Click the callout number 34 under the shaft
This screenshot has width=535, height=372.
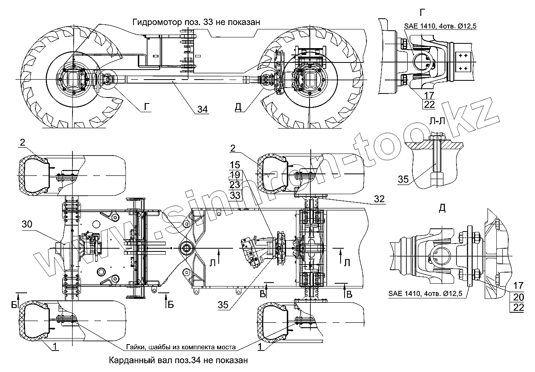point(203,109)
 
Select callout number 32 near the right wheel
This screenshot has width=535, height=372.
point(380,199)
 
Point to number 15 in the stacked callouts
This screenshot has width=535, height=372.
point(235,165)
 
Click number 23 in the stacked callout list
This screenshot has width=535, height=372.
point(235,185)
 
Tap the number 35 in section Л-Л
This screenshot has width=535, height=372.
point(404,179)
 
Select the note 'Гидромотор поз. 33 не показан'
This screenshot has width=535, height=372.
point(196,22)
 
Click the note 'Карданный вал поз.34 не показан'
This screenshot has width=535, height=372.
point(178,360)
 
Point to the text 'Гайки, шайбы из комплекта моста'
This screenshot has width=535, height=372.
point(181,347)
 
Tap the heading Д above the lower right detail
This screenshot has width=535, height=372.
point(441,208)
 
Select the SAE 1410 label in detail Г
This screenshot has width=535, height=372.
point(440,26)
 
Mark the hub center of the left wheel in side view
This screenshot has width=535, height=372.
point(73,80)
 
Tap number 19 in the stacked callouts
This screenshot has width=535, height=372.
point(235,175)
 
